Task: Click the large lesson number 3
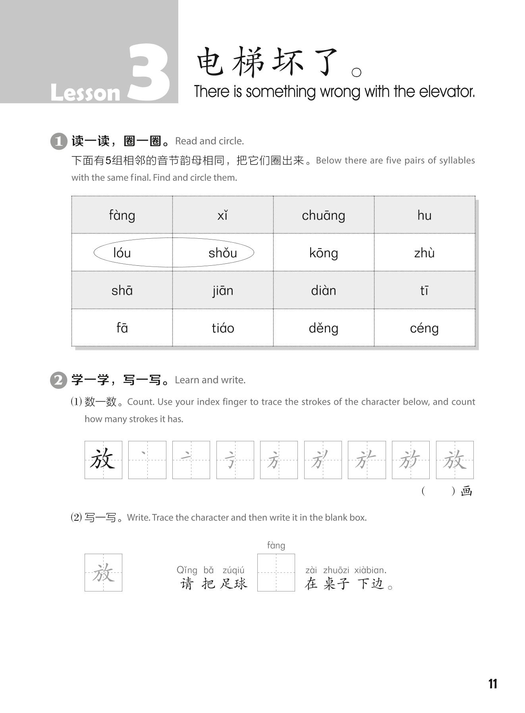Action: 149,73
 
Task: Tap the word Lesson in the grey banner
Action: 85,93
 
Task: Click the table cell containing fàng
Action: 122,215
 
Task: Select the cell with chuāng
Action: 323,215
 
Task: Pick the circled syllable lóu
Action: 122,253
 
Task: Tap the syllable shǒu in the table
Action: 222,253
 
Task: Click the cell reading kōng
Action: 323,253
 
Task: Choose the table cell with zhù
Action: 424,253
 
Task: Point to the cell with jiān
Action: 222,290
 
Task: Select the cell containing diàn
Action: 323,290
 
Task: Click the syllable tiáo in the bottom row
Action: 222,328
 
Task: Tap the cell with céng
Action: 424,328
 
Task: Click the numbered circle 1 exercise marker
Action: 58,141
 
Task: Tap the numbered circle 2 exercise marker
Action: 58,380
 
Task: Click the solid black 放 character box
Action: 103,460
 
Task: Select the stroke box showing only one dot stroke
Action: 147,460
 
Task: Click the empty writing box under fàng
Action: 276,572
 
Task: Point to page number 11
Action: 492,684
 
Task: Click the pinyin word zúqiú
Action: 234,570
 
